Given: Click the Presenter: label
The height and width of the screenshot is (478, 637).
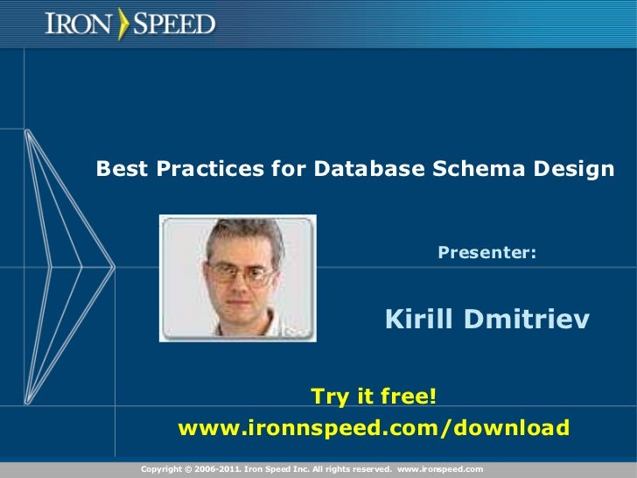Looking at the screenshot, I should click(487, 254).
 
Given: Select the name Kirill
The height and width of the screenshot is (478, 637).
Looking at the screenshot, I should click(416, 320).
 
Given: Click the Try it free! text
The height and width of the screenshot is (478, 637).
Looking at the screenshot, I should click(374, 397).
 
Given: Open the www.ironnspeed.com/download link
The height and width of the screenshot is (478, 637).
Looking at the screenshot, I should click(374, 428).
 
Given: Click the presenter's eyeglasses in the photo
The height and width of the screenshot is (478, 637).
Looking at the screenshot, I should click(238, 272).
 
